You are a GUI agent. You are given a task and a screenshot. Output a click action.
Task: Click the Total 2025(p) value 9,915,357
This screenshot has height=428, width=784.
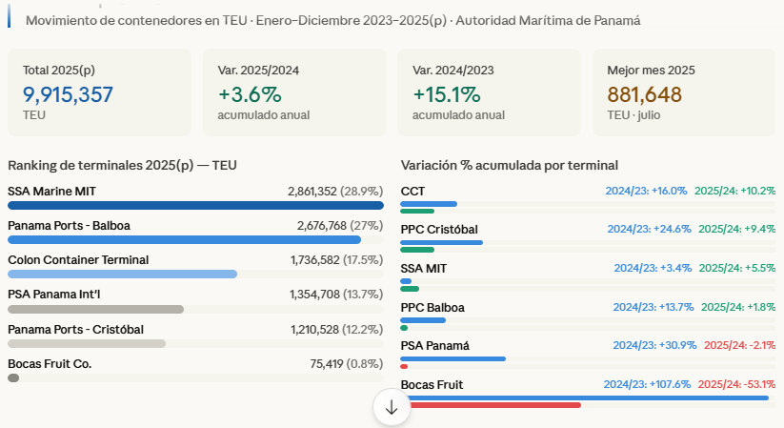(x=68, y=94)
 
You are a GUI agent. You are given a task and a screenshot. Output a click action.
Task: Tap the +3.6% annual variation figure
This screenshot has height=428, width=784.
(x=250, y=94)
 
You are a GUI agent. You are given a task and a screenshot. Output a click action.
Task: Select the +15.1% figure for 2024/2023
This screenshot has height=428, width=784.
(x=446, y=94)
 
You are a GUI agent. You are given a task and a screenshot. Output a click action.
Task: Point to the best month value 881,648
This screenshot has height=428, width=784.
(x=644, y=94)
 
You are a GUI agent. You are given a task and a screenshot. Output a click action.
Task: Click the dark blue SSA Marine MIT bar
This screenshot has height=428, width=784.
(x=195, y=205)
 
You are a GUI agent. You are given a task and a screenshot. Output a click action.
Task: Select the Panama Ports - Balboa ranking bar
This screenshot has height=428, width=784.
(x=184, y=239)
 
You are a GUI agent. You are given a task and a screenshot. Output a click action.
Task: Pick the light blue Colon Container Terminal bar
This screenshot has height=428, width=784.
(x=122, y=274)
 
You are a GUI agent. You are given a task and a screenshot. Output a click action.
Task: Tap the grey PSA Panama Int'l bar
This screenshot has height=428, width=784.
(x=95, y=309)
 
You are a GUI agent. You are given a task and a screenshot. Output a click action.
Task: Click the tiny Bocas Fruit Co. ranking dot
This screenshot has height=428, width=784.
(x=13, y=377)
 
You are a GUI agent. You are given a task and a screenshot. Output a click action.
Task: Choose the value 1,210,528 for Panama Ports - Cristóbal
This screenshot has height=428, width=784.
(x=324, y=329)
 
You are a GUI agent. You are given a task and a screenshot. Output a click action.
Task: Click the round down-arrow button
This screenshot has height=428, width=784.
(x=391, y=407)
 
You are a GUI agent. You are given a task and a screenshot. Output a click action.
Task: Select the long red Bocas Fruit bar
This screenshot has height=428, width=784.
(x=491, y=405)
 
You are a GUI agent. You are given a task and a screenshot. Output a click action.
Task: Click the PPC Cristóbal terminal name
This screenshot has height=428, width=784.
(x=439, y=230)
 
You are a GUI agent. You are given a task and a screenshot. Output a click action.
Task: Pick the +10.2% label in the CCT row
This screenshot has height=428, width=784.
(x=735, y=191)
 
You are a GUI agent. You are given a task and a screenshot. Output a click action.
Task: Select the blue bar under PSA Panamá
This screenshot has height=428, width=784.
(x=452, y=358)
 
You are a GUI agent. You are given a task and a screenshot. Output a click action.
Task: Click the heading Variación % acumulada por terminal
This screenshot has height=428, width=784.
(x=510, y=165)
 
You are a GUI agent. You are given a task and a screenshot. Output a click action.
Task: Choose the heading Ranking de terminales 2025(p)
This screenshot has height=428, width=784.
(x=122, y=165)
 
